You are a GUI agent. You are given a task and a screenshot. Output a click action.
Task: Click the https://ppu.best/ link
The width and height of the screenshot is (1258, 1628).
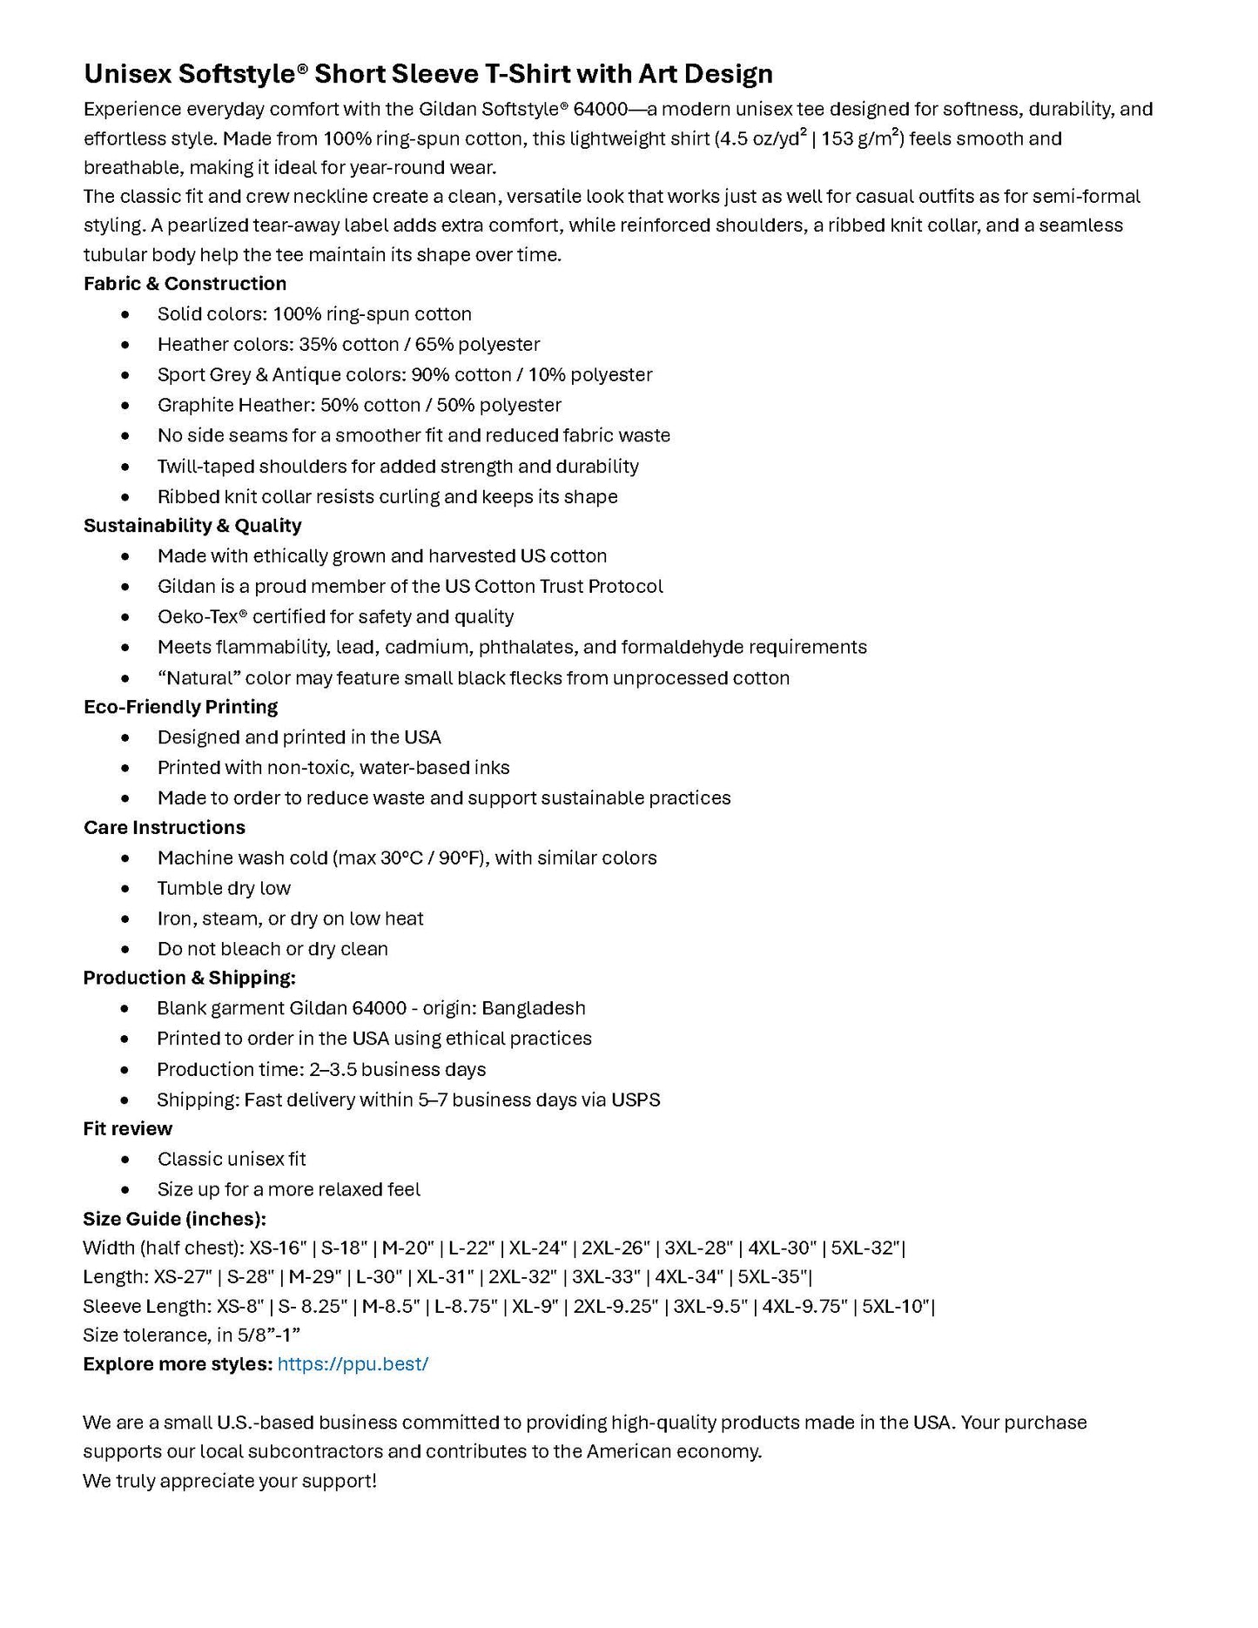click(353, 1364)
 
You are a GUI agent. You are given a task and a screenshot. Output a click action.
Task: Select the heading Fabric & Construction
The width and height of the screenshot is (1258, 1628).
click(185, 284)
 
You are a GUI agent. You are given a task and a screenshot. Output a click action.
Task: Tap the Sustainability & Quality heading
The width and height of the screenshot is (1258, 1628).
click(192, 526)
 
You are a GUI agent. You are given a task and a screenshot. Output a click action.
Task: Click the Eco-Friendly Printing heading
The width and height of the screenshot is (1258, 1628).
click(180, 707)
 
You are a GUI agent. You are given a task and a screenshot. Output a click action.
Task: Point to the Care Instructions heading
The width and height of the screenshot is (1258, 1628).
click(165, 828)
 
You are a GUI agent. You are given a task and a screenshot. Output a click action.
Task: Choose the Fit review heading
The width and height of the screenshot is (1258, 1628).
click(128, 1129)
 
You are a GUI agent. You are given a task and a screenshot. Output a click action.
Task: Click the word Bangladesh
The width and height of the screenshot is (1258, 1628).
click(534, 1008)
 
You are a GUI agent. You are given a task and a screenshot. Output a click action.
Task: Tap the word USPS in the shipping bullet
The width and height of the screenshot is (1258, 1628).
click(636, 1100)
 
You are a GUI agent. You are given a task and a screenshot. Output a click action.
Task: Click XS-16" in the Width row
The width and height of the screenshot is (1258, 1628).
click(278, 1248)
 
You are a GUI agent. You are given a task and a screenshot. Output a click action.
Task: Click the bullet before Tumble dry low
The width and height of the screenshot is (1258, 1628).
click(126, 889)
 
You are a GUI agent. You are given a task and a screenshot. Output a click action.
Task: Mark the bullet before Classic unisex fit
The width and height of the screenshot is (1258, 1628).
click(126, 1160)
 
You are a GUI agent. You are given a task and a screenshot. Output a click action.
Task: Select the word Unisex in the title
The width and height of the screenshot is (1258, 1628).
click(128, 74)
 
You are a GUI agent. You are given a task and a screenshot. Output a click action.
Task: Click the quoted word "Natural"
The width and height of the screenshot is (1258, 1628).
click(198, 678)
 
